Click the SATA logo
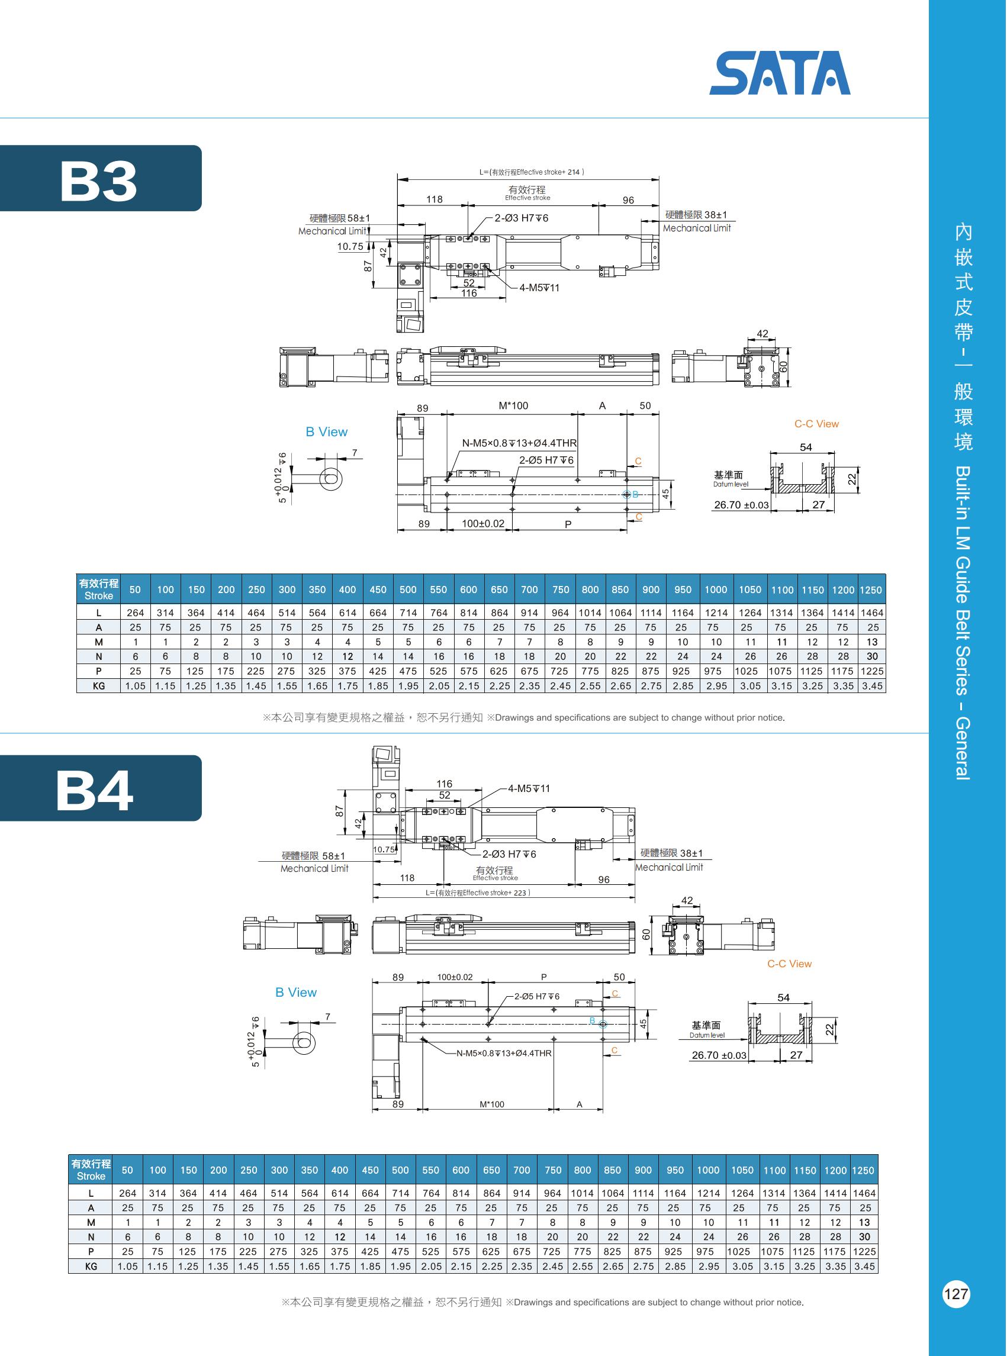780,73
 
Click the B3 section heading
99,181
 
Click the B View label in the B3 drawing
326,431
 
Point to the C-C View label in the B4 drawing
789,964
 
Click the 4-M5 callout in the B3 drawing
539,288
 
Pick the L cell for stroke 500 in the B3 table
408,613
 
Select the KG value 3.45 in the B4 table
864,1266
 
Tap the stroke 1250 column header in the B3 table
870,590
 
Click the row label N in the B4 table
91,1236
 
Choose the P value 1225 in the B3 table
871,671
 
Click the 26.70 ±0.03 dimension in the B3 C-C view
741,505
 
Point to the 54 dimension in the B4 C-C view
783,997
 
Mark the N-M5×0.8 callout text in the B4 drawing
503,1052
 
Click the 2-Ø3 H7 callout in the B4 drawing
509,854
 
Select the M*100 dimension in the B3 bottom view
513,406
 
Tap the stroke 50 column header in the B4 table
127,1170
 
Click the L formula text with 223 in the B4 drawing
478,893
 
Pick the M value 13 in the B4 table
864,1222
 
